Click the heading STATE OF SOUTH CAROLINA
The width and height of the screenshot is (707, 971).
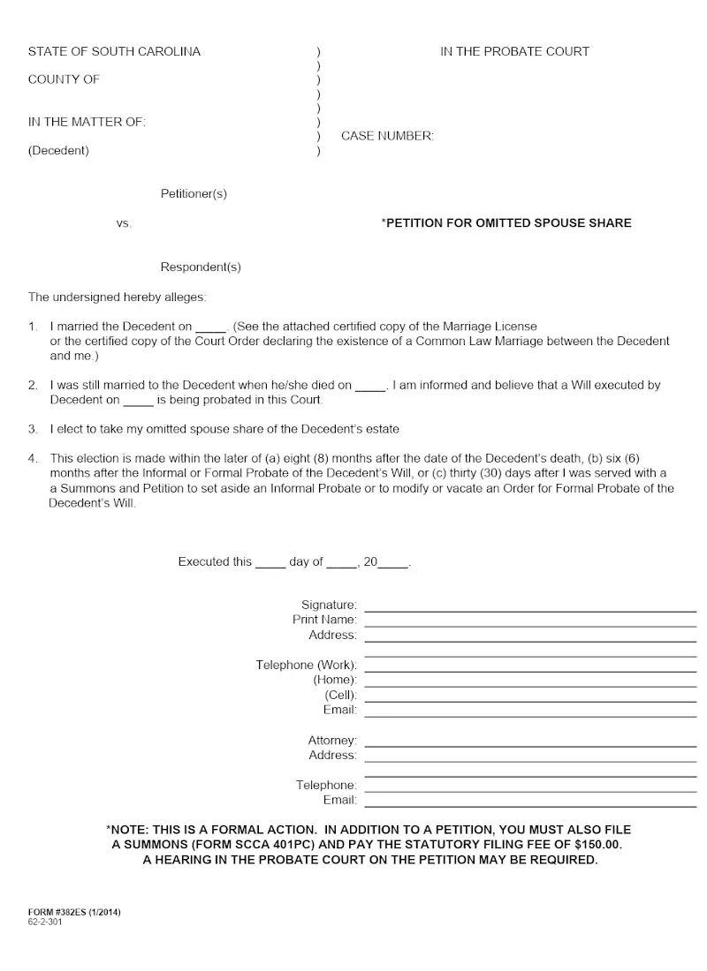pyautogui.click(x=114, y=51)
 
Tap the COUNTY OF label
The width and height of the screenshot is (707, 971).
pyautogui.click(x=64, y=79)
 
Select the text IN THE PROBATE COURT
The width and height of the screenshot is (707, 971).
pyautogui.click(x=514, y=51)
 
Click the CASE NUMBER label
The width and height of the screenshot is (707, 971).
pyautogui.click(x=387, y=136)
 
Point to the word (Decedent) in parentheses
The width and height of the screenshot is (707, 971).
pyautogui.click(x=58, y=150)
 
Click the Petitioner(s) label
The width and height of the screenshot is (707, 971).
pyautogui.click(x=200, y=193)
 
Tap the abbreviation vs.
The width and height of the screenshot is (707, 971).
pyautogui.click(x=124, y=223)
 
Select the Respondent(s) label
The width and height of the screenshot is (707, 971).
pyautogui.click(x=201, y=267)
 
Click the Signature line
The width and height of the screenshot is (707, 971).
pyautogui.click(x=530, y=609)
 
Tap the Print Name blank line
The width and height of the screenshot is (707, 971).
pyautogui.click(x=530, y=624)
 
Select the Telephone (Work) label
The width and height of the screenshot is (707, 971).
pyautogui.click(x=307, y=665)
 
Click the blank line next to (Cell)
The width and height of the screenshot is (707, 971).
pyautogui.click(x=530, y=699)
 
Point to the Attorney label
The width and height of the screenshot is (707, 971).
pyautogui.click(x=332, y=741)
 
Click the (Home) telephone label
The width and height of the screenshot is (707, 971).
pyautogui.click(x=335, y=680)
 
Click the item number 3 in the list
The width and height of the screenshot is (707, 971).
pyautogui.click(x=33, y=429)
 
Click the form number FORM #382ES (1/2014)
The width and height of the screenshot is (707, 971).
pyautogui.click(x=74, y=912)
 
